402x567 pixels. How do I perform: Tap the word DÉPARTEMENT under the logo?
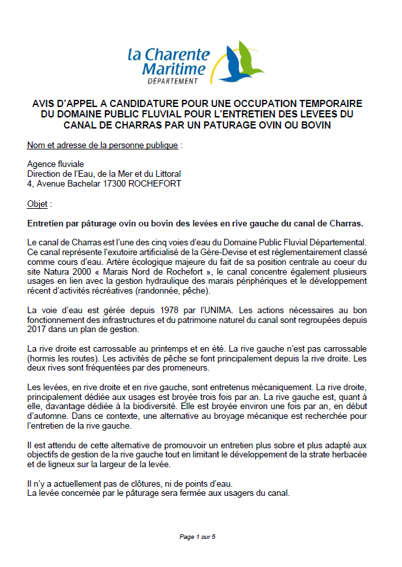coord(173,81)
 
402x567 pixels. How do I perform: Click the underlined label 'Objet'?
coord(37,204)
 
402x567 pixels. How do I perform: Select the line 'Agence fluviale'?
coord(55,164)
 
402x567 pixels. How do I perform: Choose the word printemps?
coord(165,349)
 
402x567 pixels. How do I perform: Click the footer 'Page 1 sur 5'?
coord(197,536)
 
